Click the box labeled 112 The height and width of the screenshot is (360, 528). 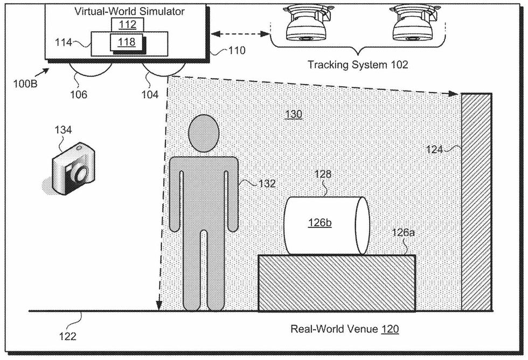tap(124, 24)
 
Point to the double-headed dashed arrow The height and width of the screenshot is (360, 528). tap(239, 34)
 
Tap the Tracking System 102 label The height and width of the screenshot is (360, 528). tap(358, 65)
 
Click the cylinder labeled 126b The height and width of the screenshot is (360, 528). tap(325, 225)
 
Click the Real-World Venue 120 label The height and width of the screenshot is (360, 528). tap(345, 329)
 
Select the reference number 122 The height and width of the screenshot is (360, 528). tap(67, 336)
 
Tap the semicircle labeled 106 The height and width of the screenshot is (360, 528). tap(91, 71)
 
